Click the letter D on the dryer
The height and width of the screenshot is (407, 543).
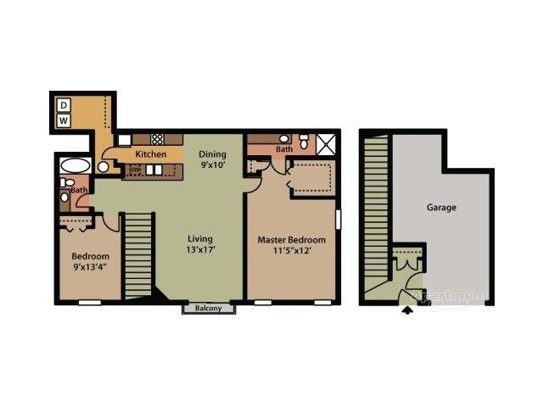[x=64, y=105]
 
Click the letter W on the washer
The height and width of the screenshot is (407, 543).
[x=64, y=121]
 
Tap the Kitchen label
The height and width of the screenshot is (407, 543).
[x=150, y=154]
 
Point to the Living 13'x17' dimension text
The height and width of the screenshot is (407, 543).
[x=200, y=250]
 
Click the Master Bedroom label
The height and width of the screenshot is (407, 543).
[x=291, y=240]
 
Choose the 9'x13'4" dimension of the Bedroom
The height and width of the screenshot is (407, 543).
[x=90, y=270]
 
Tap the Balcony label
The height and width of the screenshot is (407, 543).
[x=209, y=308]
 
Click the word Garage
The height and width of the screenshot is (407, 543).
[x=441, y=207]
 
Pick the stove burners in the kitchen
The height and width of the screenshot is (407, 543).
[x=157, y=137]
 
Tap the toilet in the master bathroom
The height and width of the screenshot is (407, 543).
[x=304, y=140]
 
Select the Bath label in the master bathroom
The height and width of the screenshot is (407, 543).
[x=284, y=150]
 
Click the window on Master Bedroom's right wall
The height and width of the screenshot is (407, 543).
[x=338, y=219]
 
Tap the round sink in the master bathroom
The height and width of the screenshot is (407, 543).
[x=283, y=138]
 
